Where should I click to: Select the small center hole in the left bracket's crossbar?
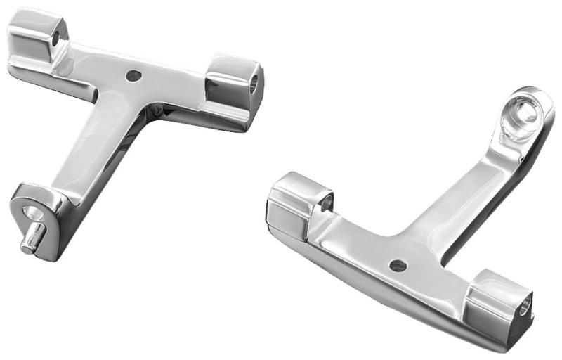pyautogui.click(x=133, y=75)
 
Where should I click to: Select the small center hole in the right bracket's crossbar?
pyautogui.click(x=398, y=266)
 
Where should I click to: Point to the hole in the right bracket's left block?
pyautogui.click(x=325, y=205)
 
